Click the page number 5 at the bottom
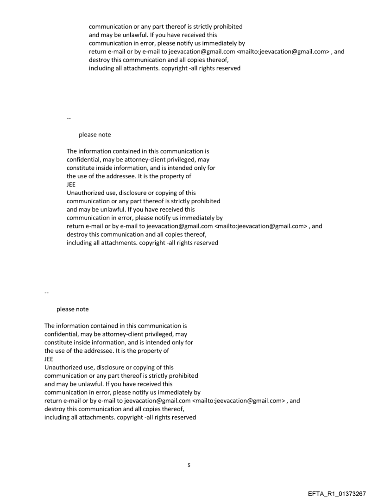pos(189,465)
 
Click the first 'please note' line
pos(94,135)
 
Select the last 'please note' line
pos(72,309)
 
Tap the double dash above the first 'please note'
pos(69,118)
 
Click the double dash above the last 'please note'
pos(46,292)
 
